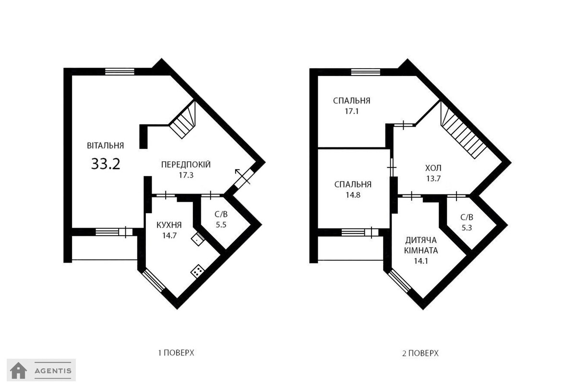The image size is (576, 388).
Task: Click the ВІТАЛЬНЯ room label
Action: (x=106, y=145)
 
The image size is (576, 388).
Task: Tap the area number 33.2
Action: (x=106, y=164)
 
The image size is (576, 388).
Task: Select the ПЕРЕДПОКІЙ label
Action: (x=186, y=164)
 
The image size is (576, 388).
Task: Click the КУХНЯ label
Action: (x=169, y=225)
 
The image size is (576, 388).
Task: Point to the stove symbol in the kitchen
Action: (x=197, y=271)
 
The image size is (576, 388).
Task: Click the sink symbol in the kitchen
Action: (x=198, y=239)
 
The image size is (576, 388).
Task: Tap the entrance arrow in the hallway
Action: (x=242, y=177)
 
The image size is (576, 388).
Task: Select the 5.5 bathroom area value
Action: (x=221, y=225)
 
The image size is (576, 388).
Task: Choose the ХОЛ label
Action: (x=433, y=168)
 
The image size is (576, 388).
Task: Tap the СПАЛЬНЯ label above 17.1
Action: (x=351, y=101)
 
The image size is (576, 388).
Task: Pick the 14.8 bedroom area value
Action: (x=353, y=195)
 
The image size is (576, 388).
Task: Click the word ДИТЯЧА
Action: (x=421, y=240)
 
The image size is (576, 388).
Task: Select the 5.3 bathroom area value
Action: (x=467, y=228)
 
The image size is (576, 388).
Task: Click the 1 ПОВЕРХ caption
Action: (x=176, y=353)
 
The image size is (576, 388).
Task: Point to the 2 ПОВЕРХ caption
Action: (x=420, y=353)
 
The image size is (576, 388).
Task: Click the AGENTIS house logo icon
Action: (x=19, y=371)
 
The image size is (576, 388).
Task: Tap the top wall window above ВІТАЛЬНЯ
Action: (x=120, y=72)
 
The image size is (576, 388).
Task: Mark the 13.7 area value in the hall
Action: (x=433, y=179)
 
